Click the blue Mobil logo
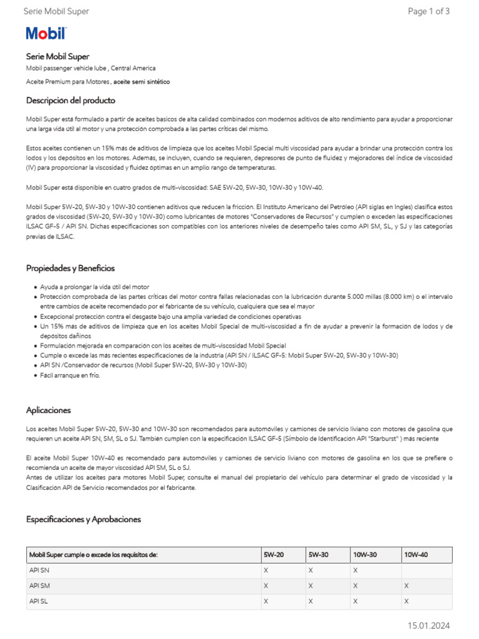[46, 34]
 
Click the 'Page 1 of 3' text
[428, 11]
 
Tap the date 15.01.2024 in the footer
[428, 625]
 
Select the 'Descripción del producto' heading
[70, 100]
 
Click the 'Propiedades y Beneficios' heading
[70, 268]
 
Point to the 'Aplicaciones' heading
[49, 410]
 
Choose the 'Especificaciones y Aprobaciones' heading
[84, 519]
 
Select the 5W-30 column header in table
[318, 555]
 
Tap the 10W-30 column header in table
[365, 555]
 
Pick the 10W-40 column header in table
[416, 555]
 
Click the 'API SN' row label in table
[39, 570]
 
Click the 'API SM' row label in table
[39, 586]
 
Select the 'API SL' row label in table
[39, 602]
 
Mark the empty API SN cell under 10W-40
[426, 570]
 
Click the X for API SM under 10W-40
[406, 586]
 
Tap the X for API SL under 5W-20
[266, 602]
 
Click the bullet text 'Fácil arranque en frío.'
[70, 376]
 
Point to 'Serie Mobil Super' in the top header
[56, 11]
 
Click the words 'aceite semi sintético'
[142, 82]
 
